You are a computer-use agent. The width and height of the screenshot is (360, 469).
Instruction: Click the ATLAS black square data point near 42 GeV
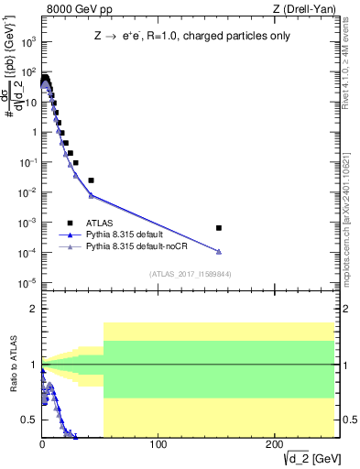(x=91, y=180)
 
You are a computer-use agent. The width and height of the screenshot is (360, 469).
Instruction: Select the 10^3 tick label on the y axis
(x=27, y=42)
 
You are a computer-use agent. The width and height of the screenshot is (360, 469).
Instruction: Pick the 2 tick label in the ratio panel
(x=33, y=309)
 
